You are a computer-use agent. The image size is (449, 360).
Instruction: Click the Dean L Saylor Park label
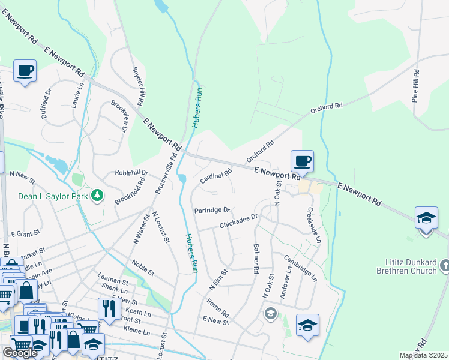tap(53, 196)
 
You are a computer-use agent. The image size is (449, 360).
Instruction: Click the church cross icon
tap(445, 265)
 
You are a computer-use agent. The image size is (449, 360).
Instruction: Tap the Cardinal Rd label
tap(215, 176)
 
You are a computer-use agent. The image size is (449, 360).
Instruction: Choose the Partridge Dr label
tap(212, 210)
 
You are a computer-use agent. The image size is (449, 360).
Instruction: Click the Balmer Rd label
tap(256, 259)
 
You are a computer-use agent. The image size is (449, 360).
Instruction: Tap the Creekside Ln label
tap(315, 225)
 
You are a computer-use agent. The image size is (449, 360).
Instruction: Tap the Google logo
tap(20, 352)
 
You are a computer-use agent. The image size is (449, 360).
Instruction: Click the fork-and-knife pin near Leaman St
tap(109, 308)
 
